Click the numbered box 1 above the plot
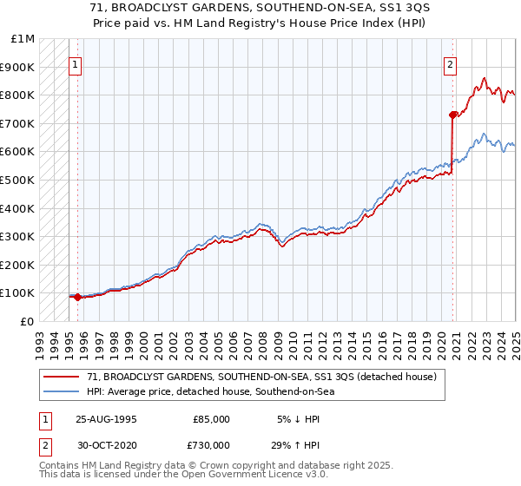click(x=75, y=63)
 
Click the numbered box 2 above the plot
click(x=451, y=63)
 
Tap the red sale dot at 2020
click(x=452, y=115)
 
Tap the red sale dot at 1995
click(x=77, y=297)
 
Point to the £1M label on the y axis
click(x=23, y=39)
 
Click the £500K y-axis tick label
click(x=19, y=180)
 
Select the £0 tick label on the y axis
click(x=29, y=321)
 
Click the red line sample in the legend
click(x=63, y=376)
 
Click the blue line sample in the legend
click(x=63, y=391)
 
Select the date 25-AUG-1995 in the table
click(x=107, y=419)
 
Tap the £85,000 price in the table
click(x=211, y=419)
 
